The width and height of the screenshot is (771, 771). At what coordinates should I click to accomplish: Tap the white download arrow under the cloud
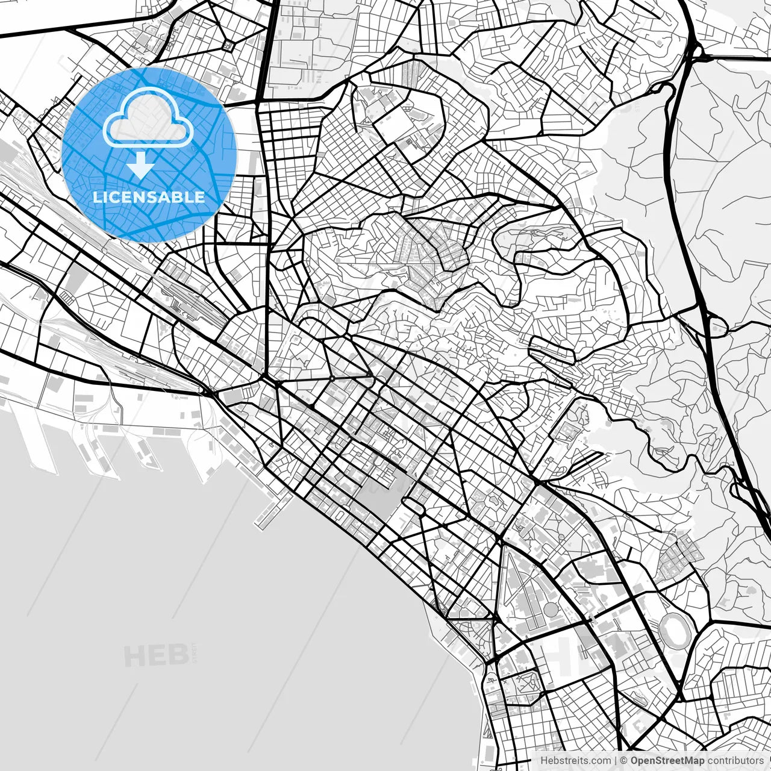coord(141,165)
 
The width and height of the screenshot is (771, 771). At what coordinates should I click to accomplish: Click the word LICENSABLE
coord(149,197)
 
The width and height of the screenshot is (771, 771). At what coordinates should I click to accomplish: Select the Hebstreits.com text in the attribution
coord(575,761)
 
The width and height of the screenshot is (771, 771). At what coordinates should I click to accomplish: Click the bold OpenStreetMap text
coord(667,761)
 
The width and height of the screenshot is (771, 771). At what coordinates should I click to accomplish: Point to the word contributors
coord(735,761)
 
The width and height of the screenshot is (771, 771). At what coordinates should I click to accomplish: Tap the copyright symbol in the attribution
coord(624,761)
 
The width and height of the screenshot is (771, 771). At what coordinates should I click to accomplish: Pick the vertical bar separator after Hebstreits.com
coord(616,761)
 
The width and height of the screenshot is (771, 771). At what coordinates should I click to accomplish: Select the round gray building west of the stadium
coord(551,610)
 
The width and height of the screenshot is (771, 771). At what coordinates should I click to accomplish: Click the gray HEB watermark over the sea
coord(155,655)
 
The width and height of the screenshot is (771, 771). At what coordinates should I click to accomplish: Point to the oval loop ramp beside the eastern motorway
coord(717,327)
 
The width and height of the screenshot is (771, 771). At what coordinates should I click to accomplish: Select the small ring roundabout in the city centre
coord(331,378)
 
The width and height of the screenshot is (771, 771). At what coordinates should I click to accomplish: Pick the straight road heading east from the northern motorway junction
coord(741,58)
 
